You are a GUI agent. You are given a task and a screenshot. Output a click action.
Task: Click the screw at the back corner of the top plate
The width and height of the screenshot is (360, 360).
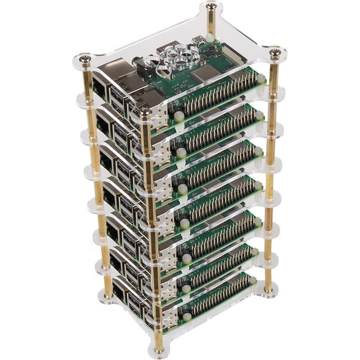tap(211, 7)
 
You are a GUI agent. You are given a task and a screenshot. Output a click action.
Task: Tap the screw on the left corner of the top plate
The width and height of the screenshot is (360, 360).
tap(84, 57)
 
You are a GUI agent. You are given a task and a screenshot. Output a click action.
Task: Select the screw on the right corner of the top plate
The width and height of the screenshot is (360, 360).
tap(275, 54)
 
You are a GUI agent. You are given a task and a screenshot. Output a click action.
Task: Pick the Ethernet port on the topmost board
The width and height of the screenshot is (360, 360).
tap(101, 87)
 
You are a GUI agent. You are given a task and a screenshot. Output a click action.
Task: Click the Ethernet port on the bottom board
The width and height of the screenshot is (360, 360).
tap(120, 290)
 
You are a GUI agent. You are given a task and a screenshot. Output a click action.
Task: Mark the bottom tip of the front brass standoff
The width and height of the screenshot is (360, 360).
tap(160, 352)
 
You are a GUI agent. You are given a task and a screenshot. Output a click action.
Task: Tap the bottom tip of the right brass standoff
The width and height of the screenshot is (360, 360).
tap(270, 290)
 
